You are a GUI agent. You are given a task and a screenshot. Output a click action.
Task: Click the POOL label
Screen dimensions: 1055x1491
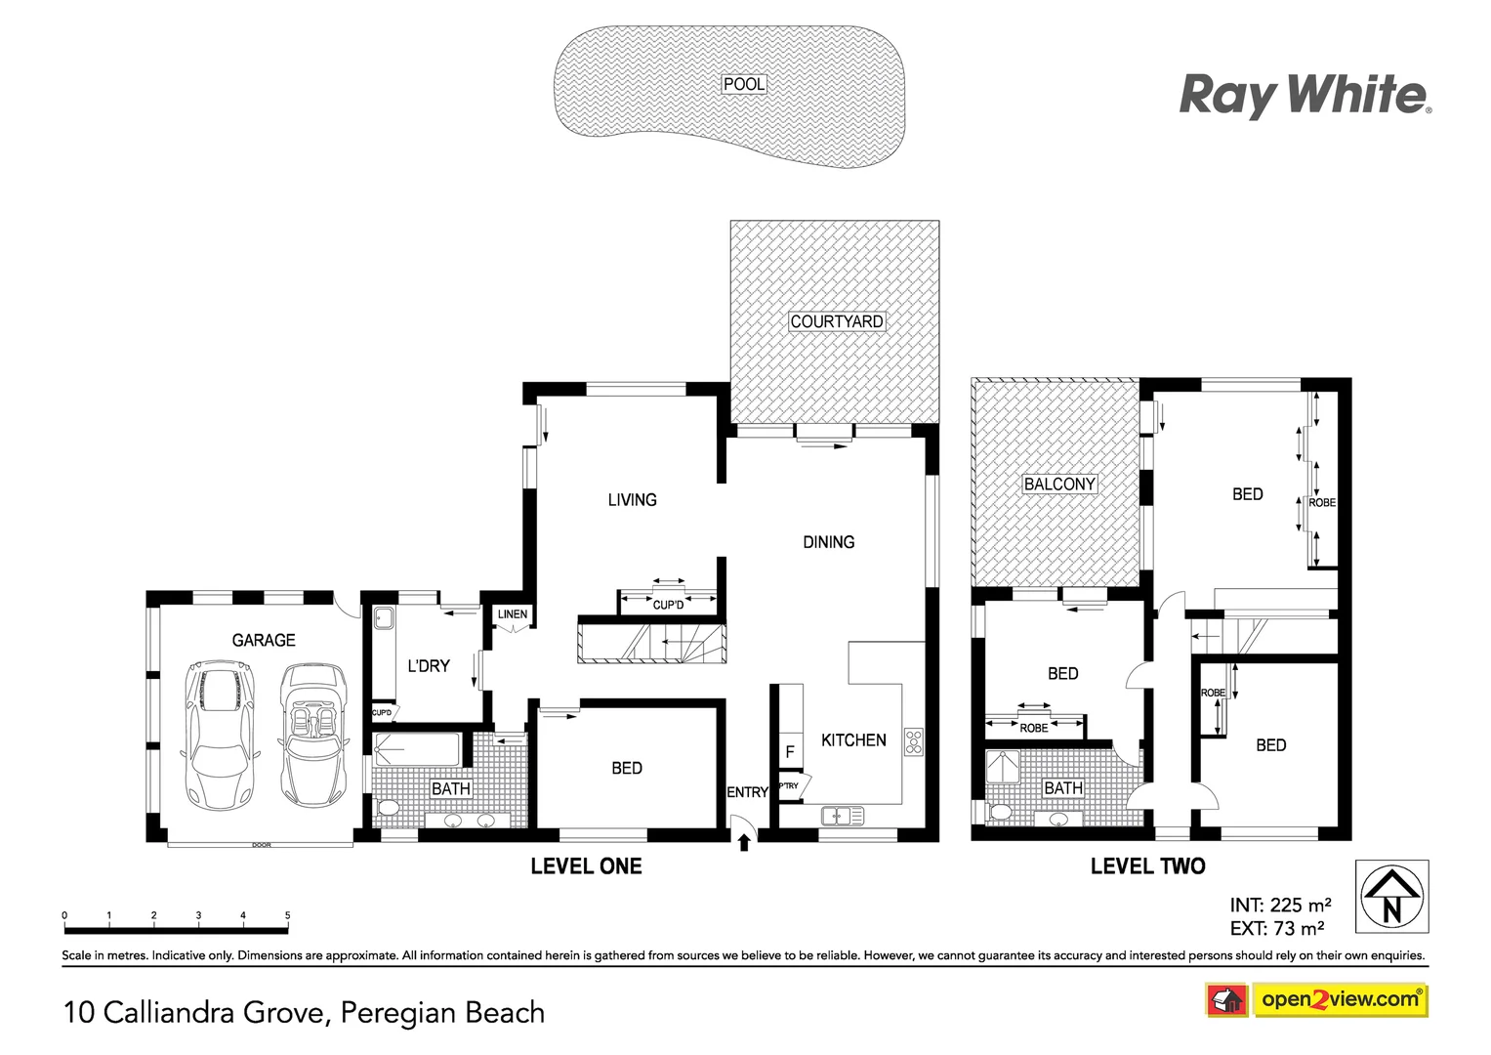tap(744, 85)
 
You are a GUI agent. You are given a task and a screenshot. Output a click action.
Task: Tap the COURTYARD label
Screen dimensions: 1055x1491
tap(837, 321)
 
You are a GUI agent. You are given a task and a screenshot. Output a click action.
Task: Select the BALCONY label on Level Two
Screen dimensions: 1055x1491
tap(1059, 484)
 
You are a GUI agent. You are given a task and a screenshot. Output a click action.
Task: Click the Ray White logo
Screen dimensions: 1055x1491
tap(1305, 96)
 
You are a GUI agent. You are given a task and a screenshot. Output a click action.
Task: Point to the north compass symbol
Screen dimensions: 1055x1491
tap(1391, 897)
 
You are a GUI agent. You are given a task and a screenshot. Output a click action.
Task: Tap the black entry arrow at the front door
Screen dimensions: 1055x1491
tap(744, 840)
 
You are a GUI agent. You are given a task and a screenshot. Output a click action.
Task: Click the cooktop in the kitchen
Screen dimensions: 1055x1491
tap(914, 741)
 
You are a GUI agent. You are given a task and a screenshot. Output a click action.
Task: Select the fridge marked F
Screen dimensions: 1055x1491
tap(790, 752)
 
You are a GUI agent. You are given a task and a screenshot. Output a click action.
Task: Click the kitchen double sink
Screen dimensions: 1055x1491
tap(842, 815)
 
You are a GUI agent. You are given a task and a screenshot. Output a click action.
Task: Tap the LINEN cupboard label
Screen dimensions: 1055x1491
tap(513, 614)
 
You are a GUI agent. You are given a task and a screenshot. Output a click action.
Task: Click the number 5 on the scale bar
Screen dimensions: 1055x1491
tap(287, 916)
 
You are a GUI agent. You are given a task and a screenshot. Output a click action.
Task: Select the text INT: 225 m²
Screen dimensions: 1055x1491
tap(1280, 906)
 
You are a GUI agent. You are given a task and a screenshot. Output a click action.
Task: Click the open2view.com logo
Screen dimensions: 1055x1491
tap(1340, 999)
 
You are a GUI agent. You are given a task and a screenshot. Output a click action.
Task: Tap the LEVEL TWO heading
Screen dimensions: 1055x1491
tap(1147, 866)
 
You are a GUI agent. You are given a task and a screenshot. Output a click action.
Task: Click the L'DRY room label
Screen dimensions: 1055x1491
tap(429, 666)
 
